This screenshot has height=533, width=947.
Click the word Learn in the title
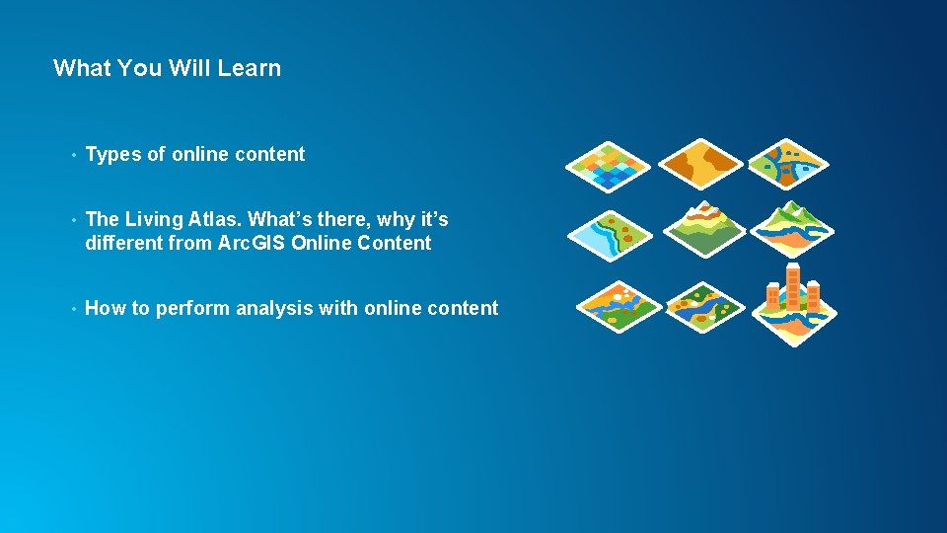click(x=255, y=68)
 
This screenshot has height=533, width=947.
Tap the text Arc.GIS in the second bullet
click(x=253, y=243)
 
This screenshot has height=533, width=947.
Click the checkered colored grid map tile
click(x=608, y=165)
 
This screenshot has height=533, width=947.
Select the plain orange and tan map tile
click(x=700, y=163)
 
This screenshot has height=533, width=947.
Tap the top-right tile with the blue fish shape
click(x=789, y=163)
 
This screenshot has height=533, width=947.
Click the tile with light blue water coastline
click(x=610, y=235)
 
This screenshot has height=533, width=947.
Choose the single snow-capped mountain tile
click(x=703, y=227)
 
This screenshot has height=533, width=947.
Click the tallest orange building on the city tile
click(x=793, y=286)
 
